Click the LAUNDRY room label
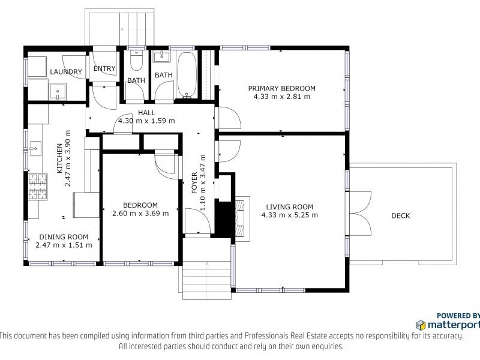tap(66, 72)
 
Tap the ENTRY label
tap(104, 68)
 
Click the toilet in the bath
tap(136, 60)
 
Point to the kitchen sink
tap(35, 148)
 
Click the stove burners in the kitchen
tap(38, 187)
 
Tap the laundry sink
tap(58, 92)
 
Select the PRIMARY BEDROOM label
tap(281, 88)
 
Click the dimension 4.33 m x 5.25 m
tap(290, 215)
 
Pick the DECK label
tap(400, 216)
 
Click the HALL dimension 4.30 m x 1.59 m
tap(146, 121)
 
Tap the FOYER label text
tap(194, 183)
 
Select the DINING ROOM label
tap(64, 236)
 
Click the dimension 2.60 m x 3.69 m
tap(140, 214)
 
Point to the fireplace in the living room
tap(242, 218)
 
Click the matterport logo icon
tap(421, 325)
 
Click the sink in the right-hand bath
tap(161, 56)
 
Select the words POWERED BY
tap(458, 316)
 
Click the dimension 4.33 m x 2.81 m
tap(281, 97)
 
